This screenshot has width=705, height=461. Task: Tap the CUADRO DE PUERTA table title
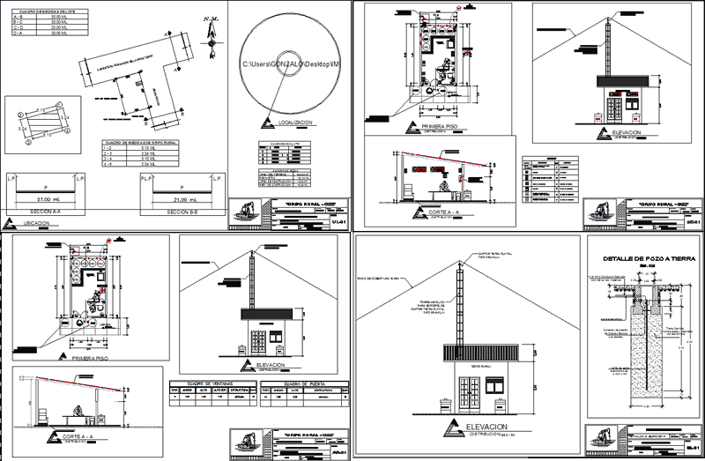[x=305, y=384]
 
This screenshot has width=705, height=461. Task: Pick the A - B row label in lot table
[x=18, y=15]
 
